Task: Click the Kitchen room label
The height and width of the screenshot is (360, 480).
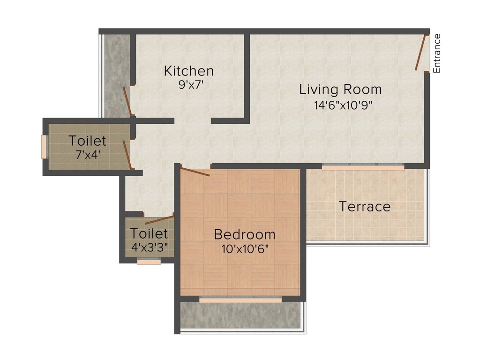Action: click(x=189, y=71)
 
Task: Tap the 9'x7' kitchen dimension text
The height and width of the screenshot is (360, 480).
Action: click(x=191, y=84)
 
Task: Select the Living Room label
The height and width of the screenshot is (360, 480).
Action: click(x=340, y=90)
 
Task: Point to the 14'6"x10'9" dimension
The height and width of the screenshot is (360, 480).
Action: click(x=343, y=105)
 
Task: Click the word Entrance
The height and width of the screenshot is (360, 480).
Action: click(x=437, y=53)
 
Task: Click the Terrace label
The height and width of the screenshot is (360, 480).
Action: click(x=365, y=207)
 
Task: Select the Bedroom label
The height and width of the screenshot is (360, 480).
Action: click(x=245, y=234)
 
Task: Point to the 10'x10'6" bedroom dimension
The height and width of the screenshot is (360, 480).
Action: click(x=245, y=249)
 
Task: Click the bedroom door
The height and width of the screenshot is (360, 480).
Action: click(x=195, y=171)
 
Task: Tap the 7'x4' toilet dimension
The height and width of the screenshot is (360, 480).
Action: click(x=88, y=155)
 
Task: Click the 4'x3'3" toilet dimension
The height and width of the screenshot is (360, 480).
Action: click(x=150, y=247)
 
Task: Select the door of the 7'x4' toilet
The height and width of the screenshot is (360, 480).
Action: click(x=127, y=155)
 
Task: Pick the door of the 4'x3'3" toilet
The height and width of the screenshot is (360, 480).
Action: click(x=159, y=219)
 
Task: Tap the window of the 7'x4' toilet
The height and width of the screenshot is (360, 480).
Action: click(x=44, y=147)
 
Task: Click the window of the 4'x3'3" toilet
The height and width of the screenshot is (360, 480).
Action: click(x=149, y=262)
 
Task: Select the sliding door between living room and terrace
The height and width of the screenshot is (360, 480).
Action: click(x=363, y=167)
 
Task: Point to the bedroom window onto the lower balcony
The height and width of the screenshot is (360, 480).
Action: click(x=240, y=300)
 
